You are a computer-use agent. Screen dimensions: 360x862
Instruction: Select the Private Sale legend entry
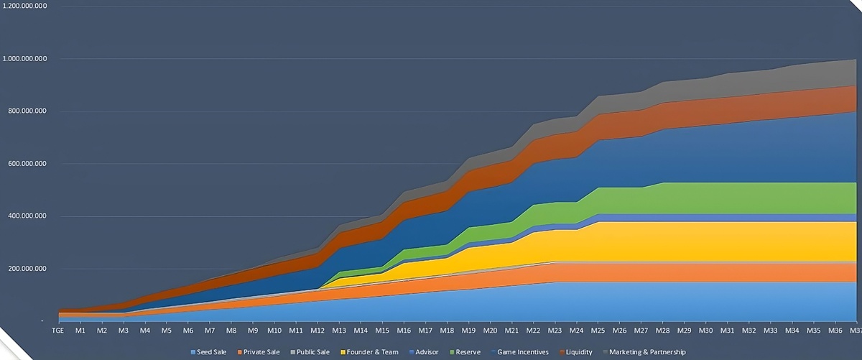point(260,352)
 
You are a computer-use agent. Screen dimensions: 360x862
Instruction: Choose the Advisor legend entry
point(423,352)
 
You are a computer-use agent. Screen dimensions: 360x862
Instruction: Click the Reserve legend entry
point(465,352)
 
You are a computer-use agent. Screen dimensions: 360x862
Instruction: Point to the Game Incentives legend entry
point(521,352)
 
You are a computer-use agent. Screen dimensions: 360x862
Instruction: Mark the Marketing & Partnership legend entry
point(644,352)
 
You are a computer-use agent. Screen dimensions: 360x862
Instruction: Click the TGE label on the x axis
point(58,331)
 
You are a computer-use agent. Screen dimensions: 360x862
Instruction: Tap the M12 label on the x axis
point(317,331)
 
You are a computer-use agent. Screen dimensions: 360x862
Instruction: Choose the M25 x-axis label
point(597,331)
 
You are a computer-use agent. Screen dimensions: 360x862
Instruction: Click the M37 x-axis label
point(854,331)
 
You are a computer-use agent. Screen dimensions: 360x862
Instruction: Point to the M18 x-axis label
point(446,331)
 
